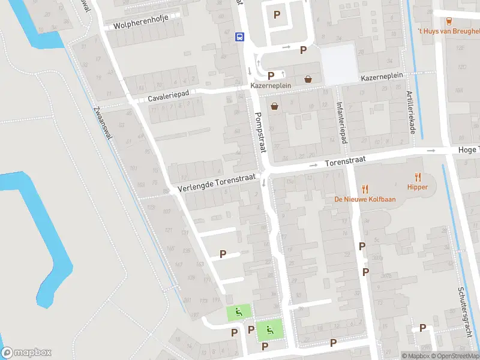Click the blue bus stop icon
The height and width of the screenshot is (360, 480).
coord(239,37)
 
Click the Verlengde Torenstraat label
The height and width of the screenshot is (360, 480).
coord(217,184)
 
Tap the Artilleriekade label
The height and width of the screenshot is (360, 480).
coord(410,109)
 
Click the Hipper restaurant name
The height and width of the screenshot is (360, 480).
coord(418,187)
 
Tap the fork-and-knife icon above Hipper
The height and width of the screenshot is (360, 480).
coord(418,177)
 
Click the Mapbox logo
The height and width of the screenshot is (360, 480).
coord(26,353)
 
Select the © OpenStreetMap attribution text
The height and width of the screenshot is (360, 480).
coord(455,356)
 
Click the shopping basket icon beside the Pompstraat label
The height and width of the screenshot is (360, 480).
coord(275,107)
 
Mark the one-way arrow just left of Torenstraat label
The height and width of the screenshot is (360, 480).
coord(313,165)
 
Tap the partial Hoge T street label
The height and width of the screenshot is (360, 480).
coord(469,150)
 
